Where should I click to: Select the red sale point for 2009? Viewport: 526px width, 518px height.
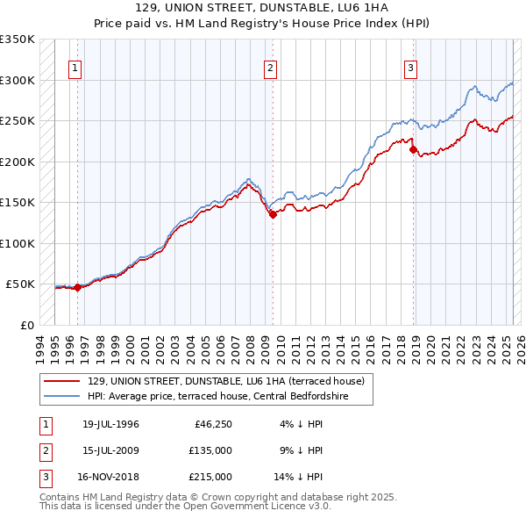point(273,214)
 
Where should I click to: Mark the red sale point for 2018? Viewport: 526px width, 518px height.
point(413,149)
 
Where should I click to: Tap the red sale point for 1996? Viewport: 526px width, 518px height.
point(77,286)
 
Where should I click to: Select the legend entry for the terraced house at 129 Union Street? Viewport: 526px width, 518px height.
point(231,381)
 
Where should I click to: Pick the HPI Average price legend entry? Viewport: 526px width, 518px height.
point(230,396)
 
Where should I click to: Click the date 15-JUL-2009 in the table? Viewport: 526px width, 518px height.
point(110,451)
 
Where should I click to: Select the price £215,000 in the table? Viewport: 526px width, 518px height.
point(210,477)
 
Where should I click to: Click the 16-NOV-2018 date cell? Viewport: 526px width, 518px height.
point(110,477)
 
